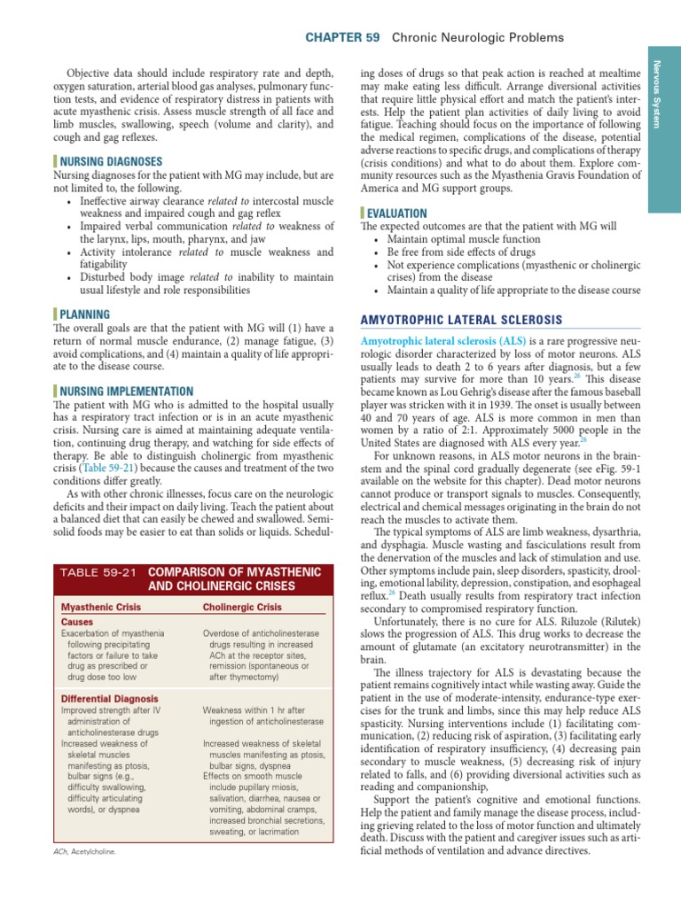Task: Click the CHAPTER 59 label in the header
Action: (342, 37)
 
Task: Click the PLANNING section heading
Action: (85, 314)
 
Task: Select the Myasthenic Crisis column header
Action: (100, 608)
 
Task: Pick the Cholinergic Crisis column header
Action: (242, 608)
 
